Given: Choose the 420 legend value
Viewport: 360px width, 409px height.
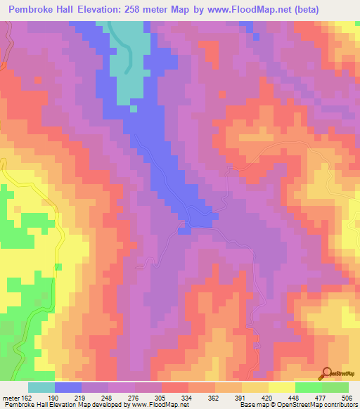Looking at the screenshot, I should (x=267, y=396).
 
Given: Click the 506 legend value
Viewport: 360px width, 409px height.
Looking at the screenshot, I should (x=347, y=396).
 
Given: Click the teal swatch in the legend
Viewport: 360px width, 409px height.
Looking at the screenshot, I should (x=41, y=387).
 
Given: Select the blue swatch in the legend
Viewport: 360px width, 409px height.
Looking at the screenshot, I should (x=68, y=387).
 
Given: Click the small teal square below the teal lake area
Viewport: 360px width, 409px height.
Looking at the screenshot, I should (x=134, y=108).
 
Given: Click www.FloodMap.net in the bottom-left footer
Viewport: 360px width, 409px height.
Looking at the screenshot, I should (x=157, y=404).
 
